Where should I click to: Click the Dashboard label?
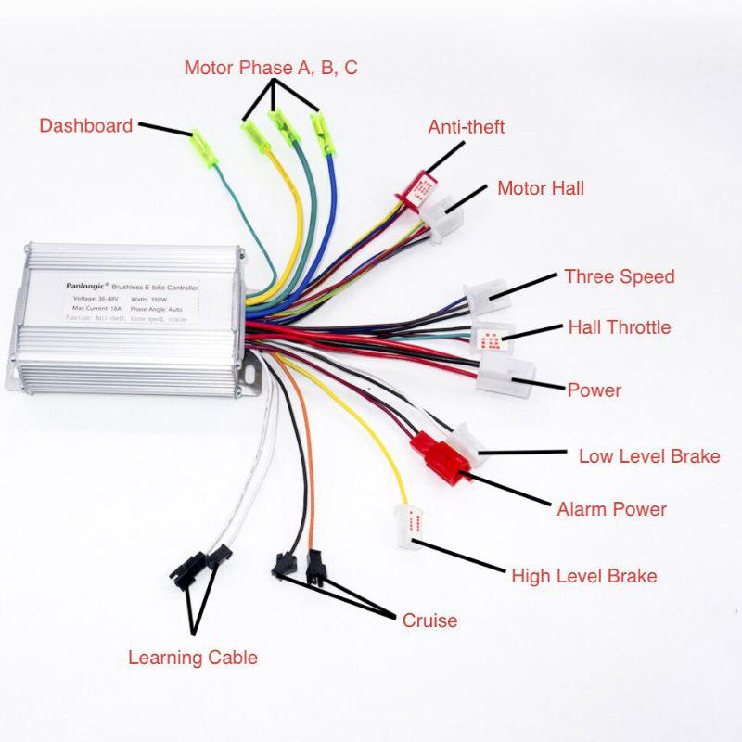pos(85,125)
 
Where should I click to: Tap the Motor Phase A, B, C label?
pos(271,68)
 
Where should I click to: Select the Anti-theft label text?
pos(466,127)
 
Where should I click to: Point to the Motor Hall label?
pos(541,188)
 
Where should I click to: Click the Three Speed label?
pos(619,276)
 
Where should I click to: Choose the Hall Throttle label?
pos(619,326)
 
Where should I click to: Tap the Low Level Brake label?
pos(649,455)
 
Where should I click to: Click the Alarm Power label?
pos(611,509)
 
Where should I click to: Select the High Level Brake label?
pos(583,576)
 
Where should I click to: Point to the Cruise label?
pos(429,620)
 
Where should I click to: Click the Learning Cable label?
pos(192,658)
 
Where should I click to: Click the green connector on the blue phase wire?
pos(324,134)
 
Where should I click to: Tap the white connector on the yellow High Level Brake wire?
pos(409,525)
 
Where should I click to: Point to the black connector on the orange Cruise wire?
pos(315,569)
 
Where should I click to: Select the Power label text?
pos(594,390)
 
